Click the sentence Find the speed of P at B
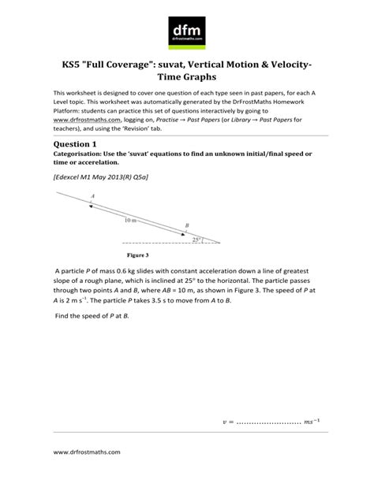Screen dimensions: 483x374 click(92, 337)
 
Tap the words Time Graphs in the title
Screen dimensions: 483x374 click(187, 80)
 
